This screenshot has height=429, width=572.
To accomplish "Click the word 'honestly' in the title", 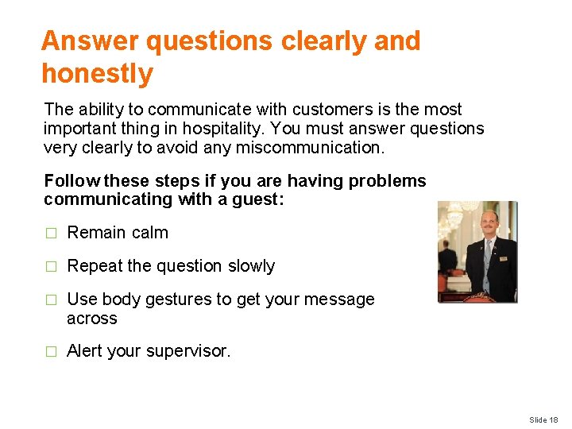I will pos(97,74).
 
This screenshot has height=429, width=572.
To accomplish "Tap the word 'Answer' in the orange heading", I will pos(90,41).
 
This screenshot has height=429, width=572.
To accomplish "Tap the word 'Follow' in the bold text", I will pos(72,181).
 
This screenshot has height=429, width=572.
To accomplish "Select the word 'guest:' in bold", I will pos(258,200).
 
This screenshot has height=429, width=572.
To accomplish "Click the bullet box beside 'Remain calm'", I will pos(51,234).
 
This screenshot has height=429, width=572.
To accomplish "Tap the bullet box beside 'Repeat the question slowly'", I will pos(51,267).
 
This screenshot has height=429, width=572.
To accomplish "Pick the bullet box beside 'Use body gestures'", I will pos(51,300).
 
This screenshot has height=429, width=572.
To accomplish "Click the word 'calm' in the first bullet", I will pos(150,233).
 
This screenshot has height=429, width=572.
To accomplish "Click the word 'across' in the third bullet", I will pos(91,319).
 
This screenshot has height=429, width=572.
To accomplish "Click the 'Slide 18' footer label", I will pos(543,419).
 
